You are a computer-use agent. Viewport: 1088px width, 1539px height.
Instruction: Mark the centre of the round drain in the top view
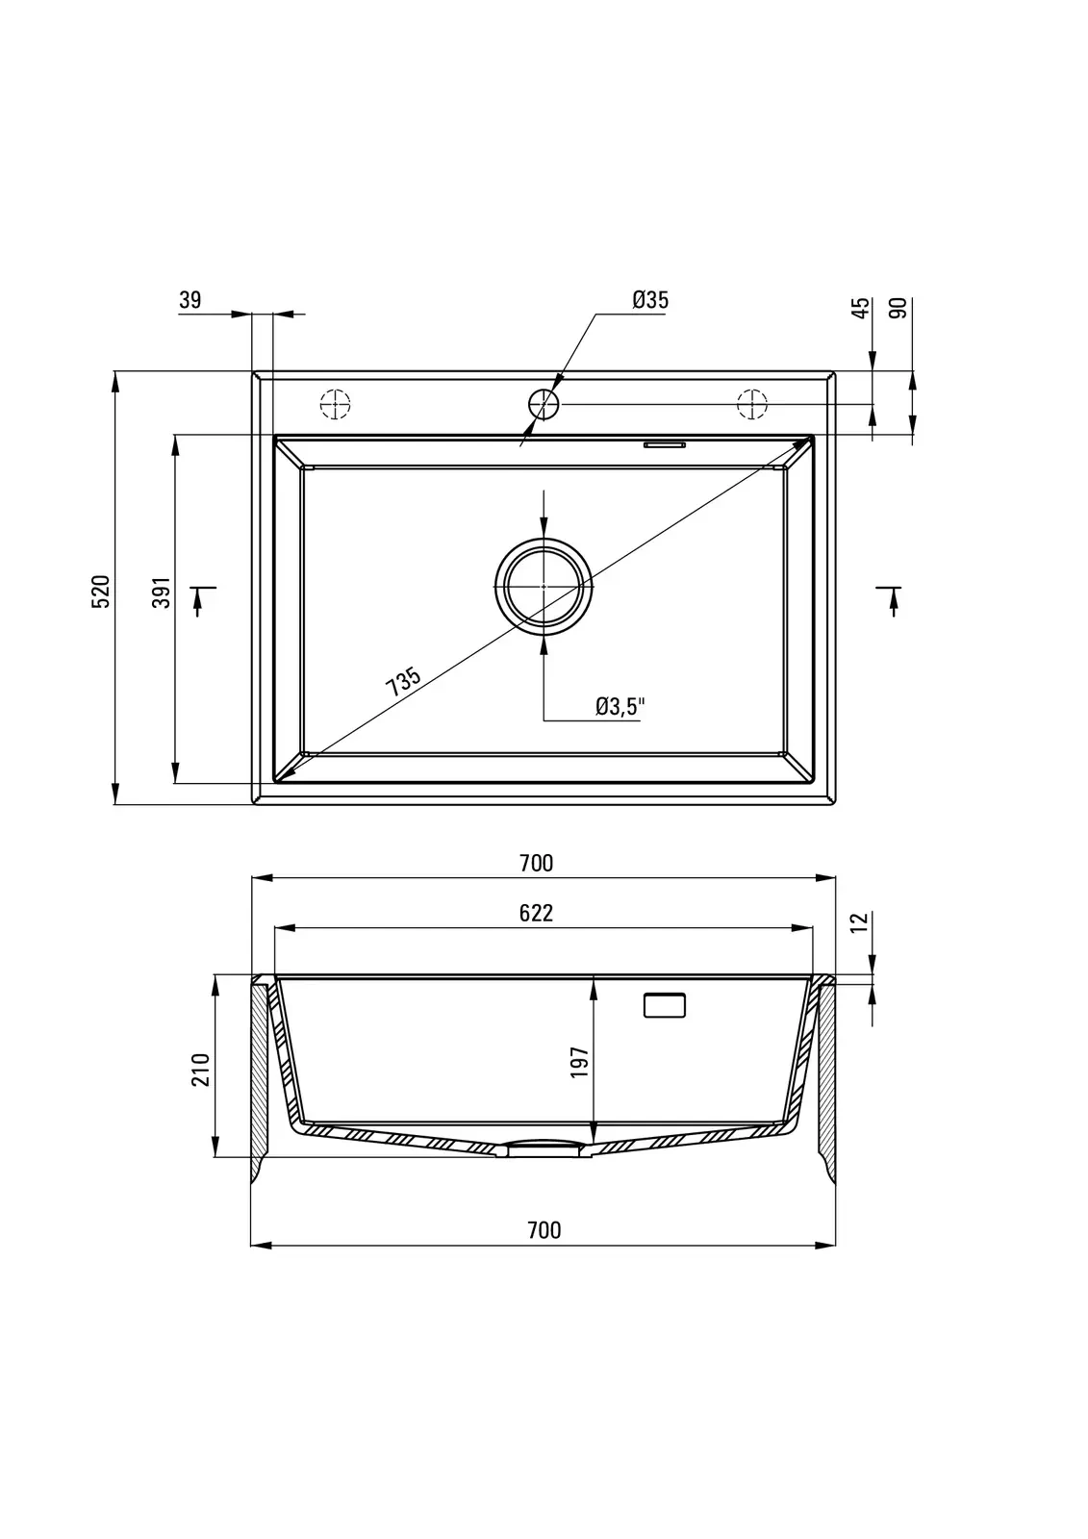coord(544,586)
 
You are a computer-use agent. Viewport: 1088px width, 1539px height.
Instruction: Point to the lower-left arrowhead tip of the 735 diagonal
coord(276,780)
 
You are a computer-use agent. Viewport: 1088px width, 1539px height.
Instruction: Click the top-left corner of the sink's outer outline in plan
coord(252,371)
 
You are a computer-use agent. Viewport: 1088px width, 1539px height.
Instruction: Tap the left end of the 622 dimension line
coord(275,928)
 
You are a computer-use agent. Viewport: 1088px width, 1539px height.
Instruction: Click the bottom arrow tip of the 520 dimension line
coord(114,804)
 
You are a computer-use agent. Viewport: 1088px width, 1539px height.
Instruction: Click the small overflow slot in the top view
coord(664,444)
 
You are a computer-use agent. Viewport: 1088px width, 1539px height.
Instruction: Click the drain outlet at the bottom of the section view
coord(544,1148)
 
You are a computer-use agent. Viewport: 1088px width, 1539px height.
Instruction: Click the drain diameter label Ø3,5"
coord(620,706)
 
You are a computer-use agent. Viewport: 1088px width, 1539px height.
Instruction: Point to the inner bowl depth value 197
coord(580,1062)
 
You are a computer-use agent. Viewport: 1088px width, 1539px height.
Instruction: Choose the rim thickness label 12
coord(860,922)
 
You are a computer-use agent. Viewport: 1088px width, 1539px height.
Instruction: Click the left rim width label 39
coord(190,300)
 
